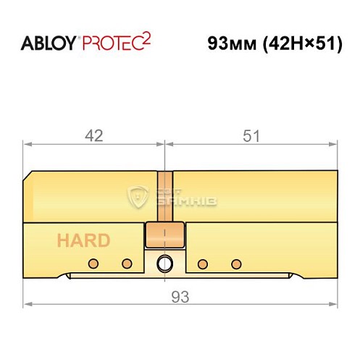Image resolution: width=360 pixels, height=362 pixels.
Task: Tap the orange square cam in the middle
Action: click(166, 235)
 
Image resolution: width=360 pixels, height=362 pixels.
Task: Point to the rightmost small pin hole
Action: click(235, 262)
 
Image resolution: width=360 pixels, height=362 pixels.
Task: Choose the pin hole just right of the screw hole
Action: click(203, 262)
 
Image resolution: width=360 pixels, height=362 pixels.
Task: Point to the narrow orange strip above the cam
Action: click(166, 195)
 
